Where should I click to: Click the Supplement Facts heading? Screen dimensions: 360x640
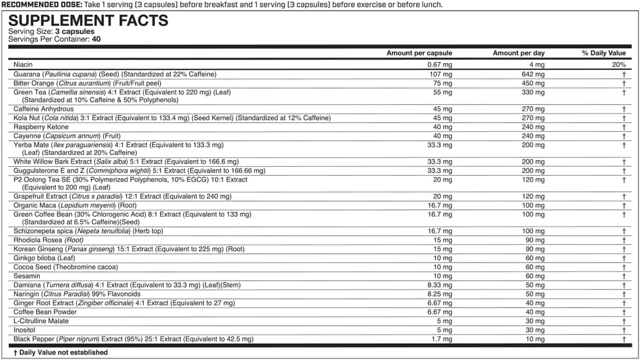pyautogui.click(x=88, y=20)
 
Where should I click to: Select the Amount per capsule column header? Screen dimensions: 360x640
pyautogui.click(x=419, y=53)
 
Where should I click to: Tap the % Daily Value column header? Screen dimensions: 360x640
pyautogui.click(x=603, y=53)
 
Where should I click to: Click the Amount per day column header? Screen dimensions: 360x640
pyautogui.click(x=518, y=53)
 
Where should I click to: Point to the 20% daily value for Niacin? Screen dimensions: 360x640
pyautogui.click(x=619, y=64)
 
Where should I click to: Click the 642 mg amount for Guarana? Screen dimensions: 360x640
pyautogui.click(x=534, y=74)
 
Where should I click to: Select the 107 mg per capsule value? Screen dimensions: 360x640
pyautogui.click(x=441, y=74)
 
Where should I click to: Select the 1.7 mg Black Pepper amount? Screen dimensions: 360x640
pyautogui.click(x=442, y=339)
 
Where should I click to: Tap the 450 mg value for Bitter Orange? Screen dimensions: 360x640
pyautogui.click(x=534, y=82)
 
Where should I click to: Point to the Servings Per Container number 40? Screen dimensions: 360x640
pyautogui.click(x=96, y=39)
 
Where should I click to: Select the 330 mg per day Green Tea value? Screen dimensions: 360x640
pyautogui.click(x=534, y=92)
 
